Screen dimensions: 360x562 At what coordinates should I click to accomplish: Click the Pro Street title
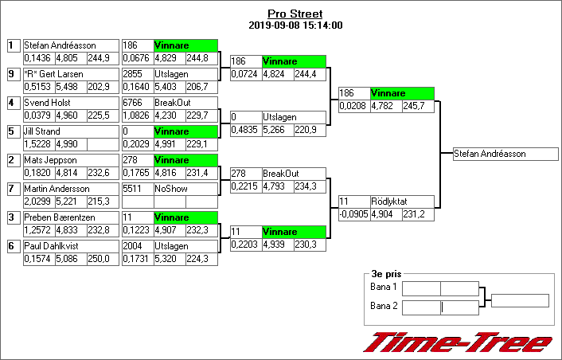click(x=295, y=14)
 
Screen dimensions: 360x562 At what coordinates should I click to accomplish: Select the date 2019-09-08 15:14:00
click(x=295, y=25)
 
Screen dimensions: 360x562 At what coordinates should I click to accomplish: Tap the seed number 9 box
click(x=12, y=74)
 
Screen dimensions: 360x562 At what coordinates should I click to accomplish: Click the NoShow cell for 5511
click(x=184, y=189)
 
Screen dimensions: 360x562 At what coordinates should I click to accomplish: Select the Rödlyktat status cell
click(x=402, y=202)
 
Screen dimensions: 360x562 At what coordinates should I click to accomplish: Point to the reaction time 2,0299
click(x=37, y=201)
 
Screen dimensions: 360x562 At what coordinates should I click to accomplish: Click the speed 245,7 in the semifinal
click(x=419, y=105)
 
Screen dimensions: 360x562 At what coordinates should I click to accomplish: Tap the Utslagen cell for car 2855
click(x=184, y=74)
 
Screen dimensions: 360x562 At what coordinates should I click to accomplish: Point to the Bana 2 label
click(x=384, y=306)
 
